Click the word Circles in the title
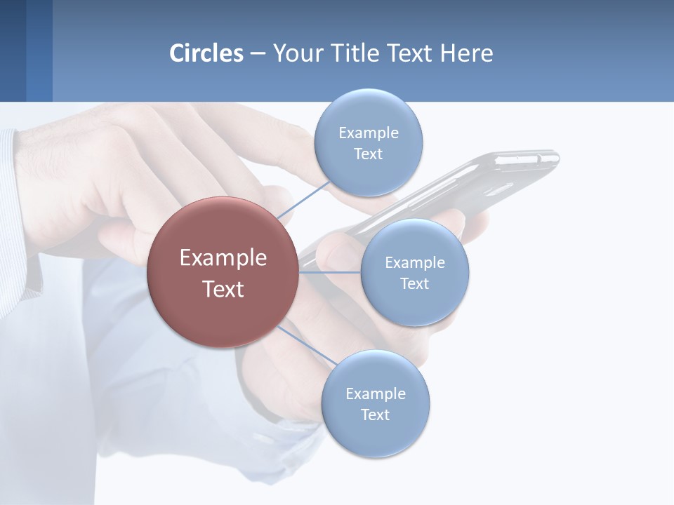pos(206,53)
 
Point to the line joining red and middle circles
pos(330,272)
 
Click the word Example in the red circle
pos(223,258)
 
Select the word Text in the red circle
pos(223,289)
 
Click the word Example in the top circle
pos(368,133)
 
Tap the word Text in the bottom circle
pos(375,415)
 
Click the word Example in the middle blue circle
pos(414,263)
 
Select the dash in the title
pos(257,53)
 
